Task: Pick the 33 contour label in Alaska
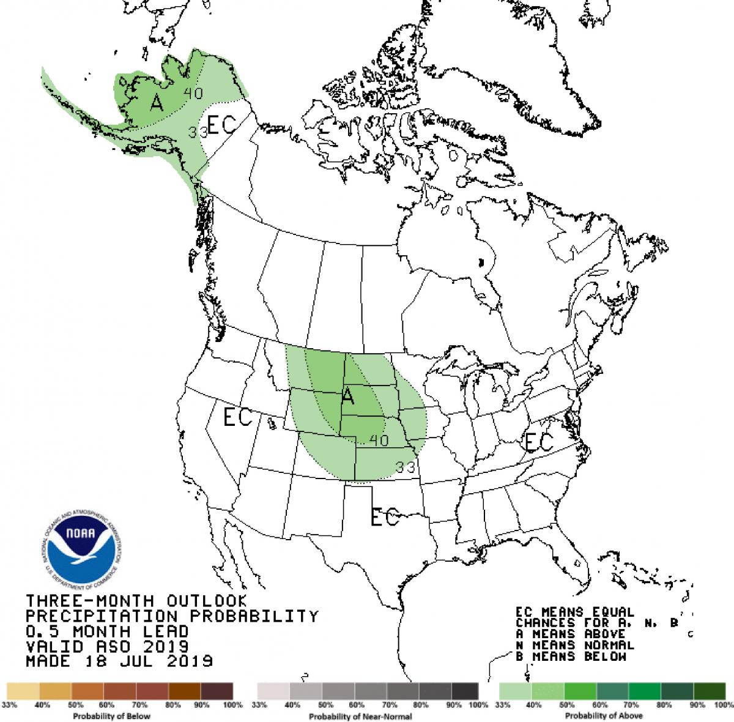196,132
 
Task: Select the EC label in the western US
238,418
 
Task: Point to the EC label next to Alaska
221,125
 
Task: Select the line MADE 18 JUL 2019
119,661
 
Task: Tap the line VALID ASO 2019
107,646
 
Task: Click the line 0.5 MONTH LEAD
107,631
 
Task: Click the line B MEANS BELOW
570,657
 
